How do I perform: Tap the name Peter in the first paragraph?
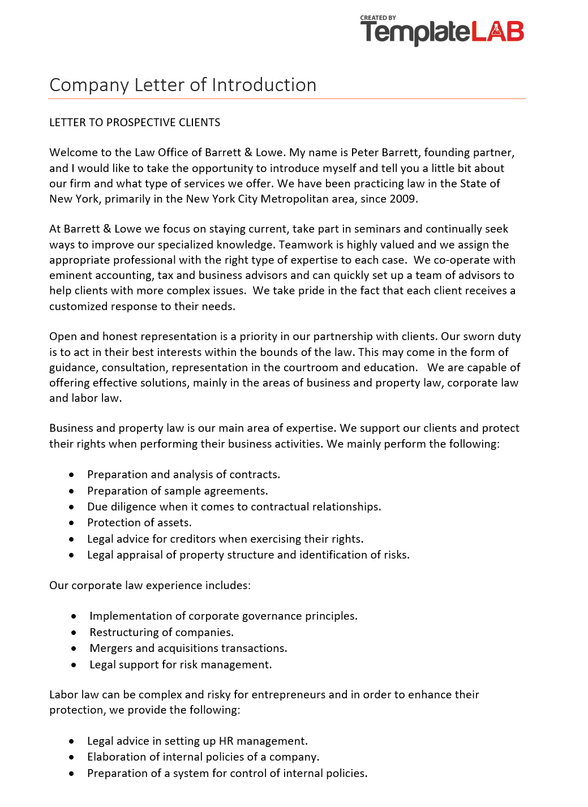click(x=365, y=153)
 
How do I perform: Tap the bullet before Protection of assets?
click(x=72, y=523)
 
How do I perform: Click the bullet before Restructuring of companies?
click(x=74, y=633)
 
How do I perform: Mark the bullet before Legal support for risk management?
click(x=74, y=666)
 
